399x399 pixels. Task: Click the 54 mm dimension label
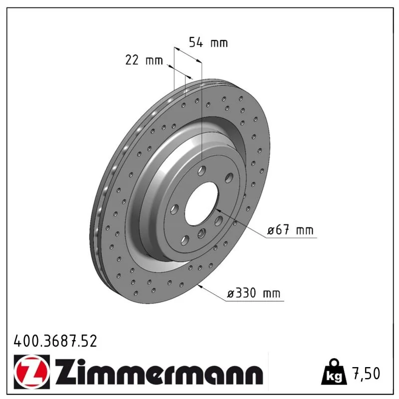[208, 42]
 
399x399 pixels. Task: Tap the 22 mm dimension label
[144, 60]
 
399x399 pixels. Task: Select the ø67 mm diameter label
[290, 230]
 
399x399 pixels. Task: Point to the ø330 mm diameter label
[253, 293]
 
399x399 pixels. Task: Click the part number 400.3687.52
[55, 341]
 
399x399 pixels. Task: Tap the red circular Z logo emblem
[32, 372]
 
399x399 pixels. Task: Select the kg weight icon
[334, 372]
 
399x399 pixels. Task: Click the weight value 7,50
[366, 373]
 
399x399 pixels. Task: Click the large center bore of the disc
[201, 203]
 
